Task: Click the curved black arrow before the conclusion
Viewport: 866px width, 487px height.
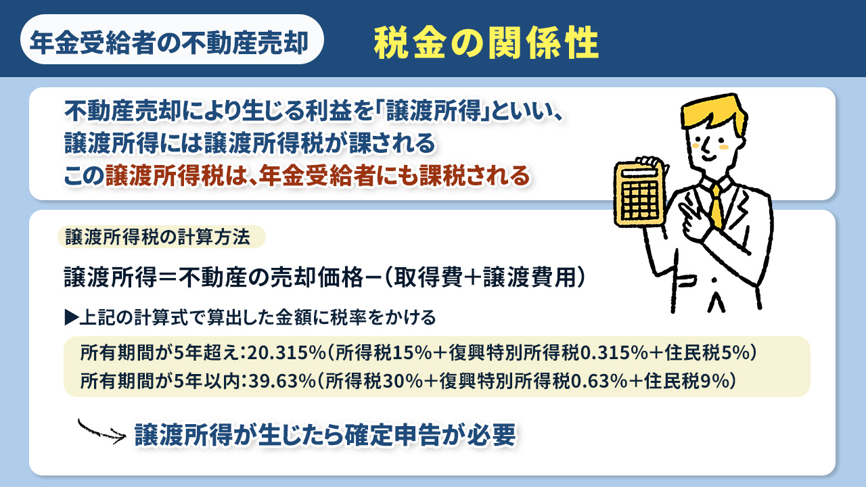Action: [x=101, y=431]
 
